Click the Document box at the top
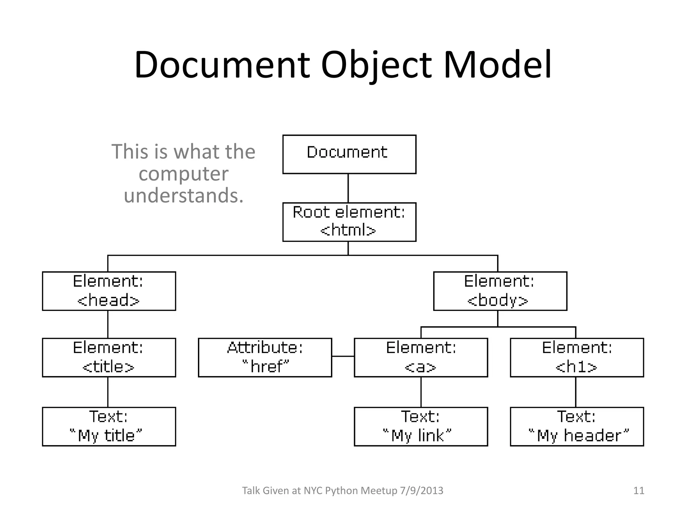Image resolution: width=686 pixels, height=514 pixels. pos(349,154)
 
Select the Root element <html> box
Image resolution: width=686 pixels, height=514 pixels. pos(349,222)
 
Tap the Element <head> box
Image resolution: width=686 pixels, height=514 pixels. pos(109,291)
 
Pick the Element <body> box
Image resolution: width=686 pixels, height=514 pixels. pos(500,291)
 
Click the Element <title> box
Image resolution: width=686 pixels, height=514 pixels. pos(109,357)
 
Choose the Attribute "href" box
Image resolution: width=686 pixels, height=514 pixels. pos(265,357)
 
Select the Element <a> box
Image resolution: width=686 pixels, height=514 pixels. pos(421,357)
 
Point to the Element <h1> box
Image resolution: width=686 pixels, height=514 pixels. pos(577,357)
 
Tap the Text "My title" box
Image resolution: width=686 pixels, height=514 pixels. pos(109,426)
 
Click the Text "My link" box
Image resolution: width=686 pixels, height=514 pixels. pos(421,426)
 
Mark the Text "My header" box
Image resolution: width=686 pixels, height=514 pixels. pos(577,426)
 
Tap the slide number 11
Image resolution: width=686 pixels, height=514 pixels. pos(639,491)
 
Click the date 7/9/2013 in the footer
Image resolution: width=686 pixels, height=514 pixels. pos(421,491)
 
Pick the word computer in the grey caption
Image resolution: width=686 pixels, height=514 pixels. pos(183,174)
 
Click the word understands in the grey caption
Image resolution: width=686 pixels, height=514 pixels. pos(183,196)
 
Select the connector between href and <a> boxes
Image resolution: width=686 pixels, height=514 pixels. pos(343,356)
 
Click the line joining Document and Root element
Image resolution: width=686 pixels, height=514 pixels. pos(348,188)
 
